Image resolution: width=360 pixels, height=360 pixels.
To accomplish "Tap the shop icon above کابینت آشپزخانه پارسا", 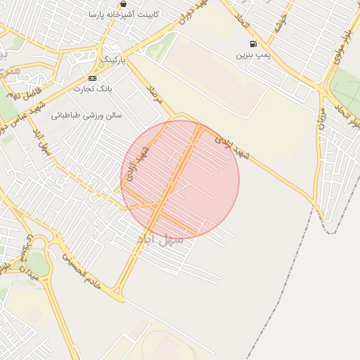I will pos(123,4).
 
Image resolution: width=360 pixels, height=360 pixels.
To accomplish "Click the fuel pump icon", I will pos(253,44).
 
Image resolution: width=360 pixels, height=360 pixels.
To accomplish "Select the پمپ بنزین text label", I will pos(252,54).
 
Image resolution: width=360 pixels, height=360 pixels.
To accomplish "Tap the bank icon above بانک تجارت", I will pos(92,78).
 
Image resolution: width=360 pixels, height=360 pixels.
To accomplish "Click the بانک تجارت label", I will pos(94,89).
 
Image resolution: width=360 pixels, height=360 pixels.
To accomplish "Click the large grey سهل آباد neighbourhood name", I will pos(160,240).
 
